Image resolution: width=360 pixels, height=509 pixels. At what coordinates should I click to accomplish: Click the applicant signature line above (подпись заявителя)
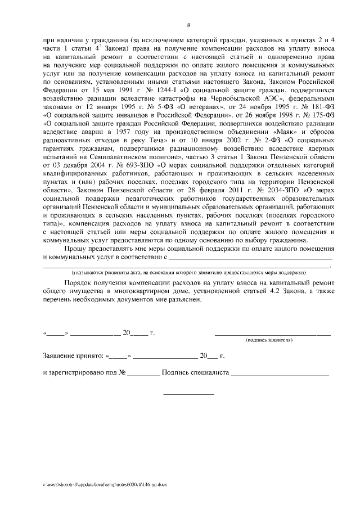272,335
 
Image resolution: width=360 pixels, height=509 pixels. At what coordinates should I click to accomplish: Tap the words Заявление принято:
73,356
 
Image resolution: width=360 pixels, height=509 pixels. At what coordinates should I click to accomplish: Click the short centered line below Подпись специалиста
188,394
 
